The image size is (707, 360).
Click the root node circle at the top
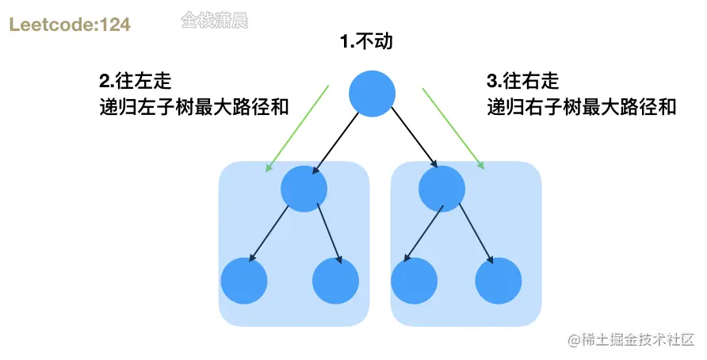pos(372,93)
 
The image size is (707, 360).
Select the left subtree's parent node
pos(304,189)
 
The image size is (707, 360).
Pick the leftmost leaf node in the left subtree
pos(243,281)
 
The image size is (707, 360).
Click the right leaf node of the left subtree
pos(337,281)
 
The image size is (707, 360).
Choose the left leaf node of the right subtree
pos(414,281)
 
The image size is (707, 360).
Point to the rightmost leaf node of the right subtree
pos(499,281)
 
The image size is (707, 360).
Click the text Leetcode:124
pos(70,25)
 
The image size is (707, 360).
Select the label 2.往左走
pos(136,81)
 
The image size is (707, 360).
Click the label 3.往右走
pos(522,81)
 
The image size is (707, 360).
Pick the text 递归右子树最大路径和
pos(581,106)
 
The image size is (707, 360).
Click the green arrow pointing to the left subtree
pos(297,128)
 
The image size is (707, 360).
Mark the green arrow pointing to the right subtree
pos(453,128)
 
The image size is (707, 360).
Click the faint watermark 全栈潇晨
pos(214,20)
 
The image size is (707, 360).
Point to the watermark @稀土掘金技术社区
pos(630,340)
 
